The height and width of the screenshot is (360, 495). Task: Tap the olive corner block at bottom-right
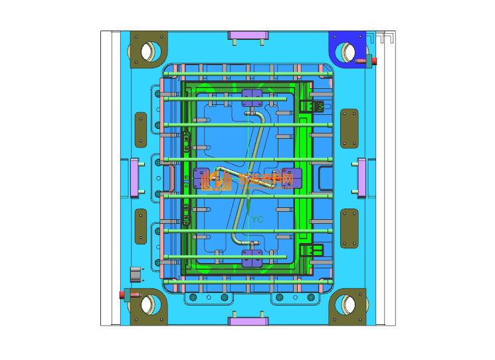pos(349,307)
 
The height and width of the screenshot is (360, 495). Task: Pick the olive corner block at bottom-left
pos(148,308)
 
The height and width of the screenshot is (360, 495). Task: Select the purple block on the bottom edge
pos(248,321)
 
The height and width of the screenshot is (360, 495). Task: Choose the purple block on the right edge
pos(362,178)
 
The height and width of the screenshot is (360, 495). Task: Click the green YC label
pos(257,219)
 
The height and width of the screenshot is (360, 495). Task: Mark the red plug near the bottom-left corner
pos(123,294)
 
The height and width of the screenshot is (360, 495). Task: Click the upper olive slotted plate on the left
pos(140,129)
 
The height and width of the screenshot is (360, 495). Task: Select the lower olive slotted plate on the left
pos(140,227)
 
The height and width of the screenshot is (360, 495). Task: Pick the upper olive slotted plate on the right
pos(349,128)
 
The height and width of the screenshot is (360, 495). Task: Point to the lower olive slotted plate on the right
pos(349,227)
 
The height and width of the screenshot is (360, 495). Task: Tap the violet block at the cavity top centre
pos(252,98)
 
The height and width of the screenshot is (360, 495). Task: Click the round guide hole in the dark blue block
pos(347,50)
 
